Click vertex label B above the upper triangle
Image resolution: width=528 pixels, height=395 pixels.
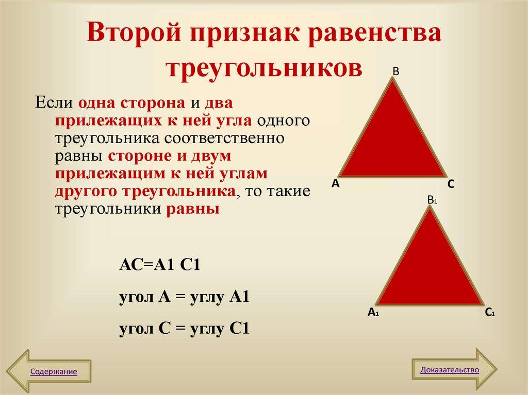click(x=396, y=72)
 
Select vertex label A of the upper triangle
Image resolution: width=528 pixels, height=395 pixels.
click(x=335, y=183)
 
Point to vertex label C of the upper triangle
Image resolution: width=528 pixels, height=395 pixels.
click(x=451, y=184)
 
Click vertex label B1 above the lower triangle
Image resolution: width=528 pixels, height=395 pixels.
click(x=432, y=200)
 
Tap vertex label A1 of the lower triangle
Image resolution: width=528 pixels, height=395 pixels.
click(x=373, y=312)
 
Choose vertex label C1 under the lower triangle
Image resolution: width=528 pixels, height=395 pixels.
click(x=489, y=312)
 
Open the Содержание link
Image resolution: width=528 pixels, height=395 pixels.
click(x=54, y=371)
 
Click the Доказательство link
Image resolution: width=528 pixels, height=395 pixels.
click(x=450, y=370)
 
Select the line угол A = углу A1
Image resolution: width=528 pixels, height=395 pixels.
click(x=184, y=297)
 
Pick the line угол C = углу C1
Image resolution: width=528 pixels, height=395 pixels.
click(x=184, y=328)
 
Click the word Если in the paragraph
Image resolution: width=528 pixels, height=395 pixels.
click(x=54, y=102)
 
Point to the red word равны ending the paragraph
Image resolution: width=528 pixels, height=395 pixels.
click(x=192, y=209)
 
